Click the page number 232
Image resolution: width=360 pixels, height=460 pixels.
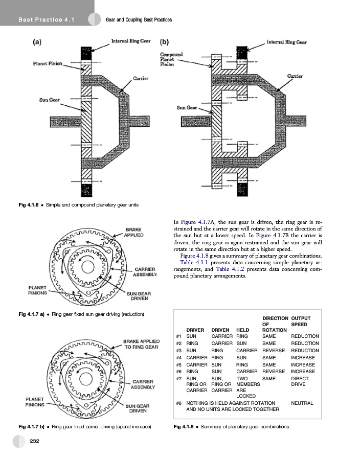[35, 441]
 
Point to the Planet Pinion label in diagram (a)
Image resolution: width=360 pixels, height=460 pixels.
[47, 64]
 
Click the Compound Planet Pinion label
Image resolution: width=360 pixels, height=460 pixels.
[171, 59]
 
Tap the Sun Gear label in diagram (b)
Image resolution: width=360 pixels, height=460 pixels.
[187, 108]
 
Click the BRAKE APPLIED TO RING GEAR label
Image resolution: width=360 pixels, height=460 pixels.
[142, 344]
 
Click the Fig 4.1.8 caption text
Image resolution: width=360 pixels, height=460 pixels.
[231, 426]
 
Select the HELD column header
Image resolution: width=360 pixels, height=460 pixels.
[243, 330]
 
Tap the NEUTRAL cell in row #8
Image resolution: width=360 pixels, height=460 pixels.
[302, 403]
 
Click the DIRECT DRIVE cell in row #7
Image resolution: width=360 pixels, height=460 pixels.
[299, 382]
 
